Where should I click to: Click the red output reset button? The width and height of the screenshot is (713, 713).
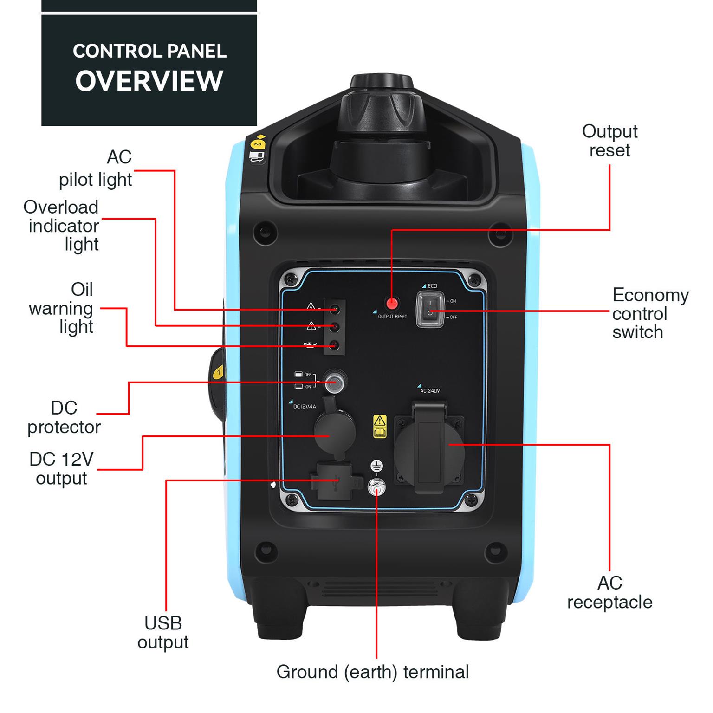392,304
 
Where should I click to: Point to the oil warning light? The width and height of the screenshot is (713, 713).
334,345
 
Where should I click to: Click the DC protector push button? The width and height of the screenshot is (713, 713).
334,382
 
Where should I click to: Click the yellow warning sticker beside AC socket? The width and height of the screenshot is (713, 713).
380,426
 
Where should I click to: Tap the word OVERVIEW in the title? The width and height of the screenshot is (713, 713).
149,81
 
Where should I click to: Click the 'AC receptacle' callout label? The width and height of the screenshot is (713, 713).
609,592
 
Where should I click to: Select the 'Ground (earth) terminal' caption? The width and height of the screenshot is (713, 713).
372,672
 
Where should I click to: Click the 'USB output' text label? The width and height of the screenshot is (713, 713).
163,632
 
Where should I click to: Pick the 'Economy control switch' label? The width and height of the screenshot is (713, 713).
650,313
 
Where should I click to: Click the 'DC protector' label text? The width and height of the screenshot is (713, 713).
64,417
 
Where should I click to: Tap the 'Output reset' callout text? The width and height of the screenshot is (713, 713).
609,141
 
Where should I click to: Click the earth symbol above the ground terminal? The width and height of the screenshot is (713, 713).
376,466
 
